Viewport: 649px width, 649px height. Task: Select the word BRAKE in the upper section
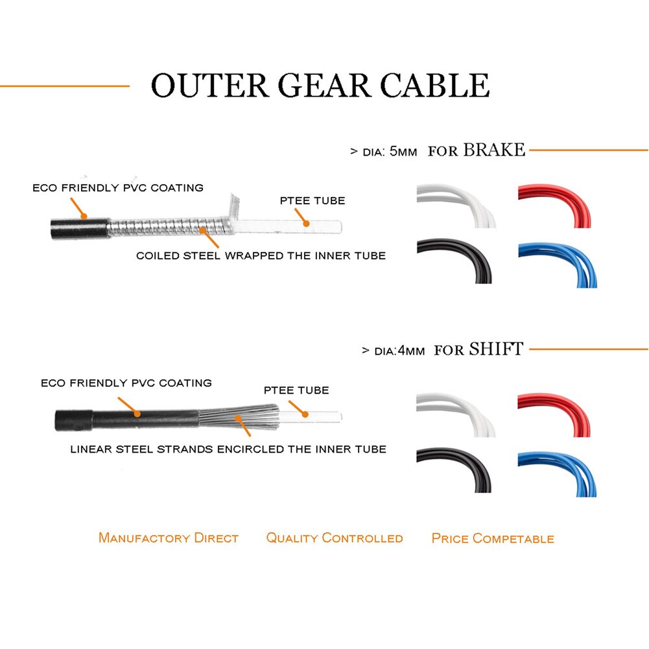point(493,150)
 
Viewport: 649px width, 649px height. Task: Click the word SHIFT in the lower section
point(495,349)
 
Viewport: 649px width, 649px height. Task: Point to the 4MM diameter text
point(410,351)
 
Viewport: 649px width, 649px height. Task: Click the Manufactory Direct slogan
point(169,538)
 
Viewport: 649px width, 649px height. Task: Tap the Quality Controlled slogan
point(335,538)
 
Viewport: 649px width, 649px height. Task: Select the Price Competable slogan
point(493,538)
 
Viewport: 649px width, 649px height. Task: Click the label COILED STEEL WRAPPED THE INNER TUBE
point(261,255)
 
